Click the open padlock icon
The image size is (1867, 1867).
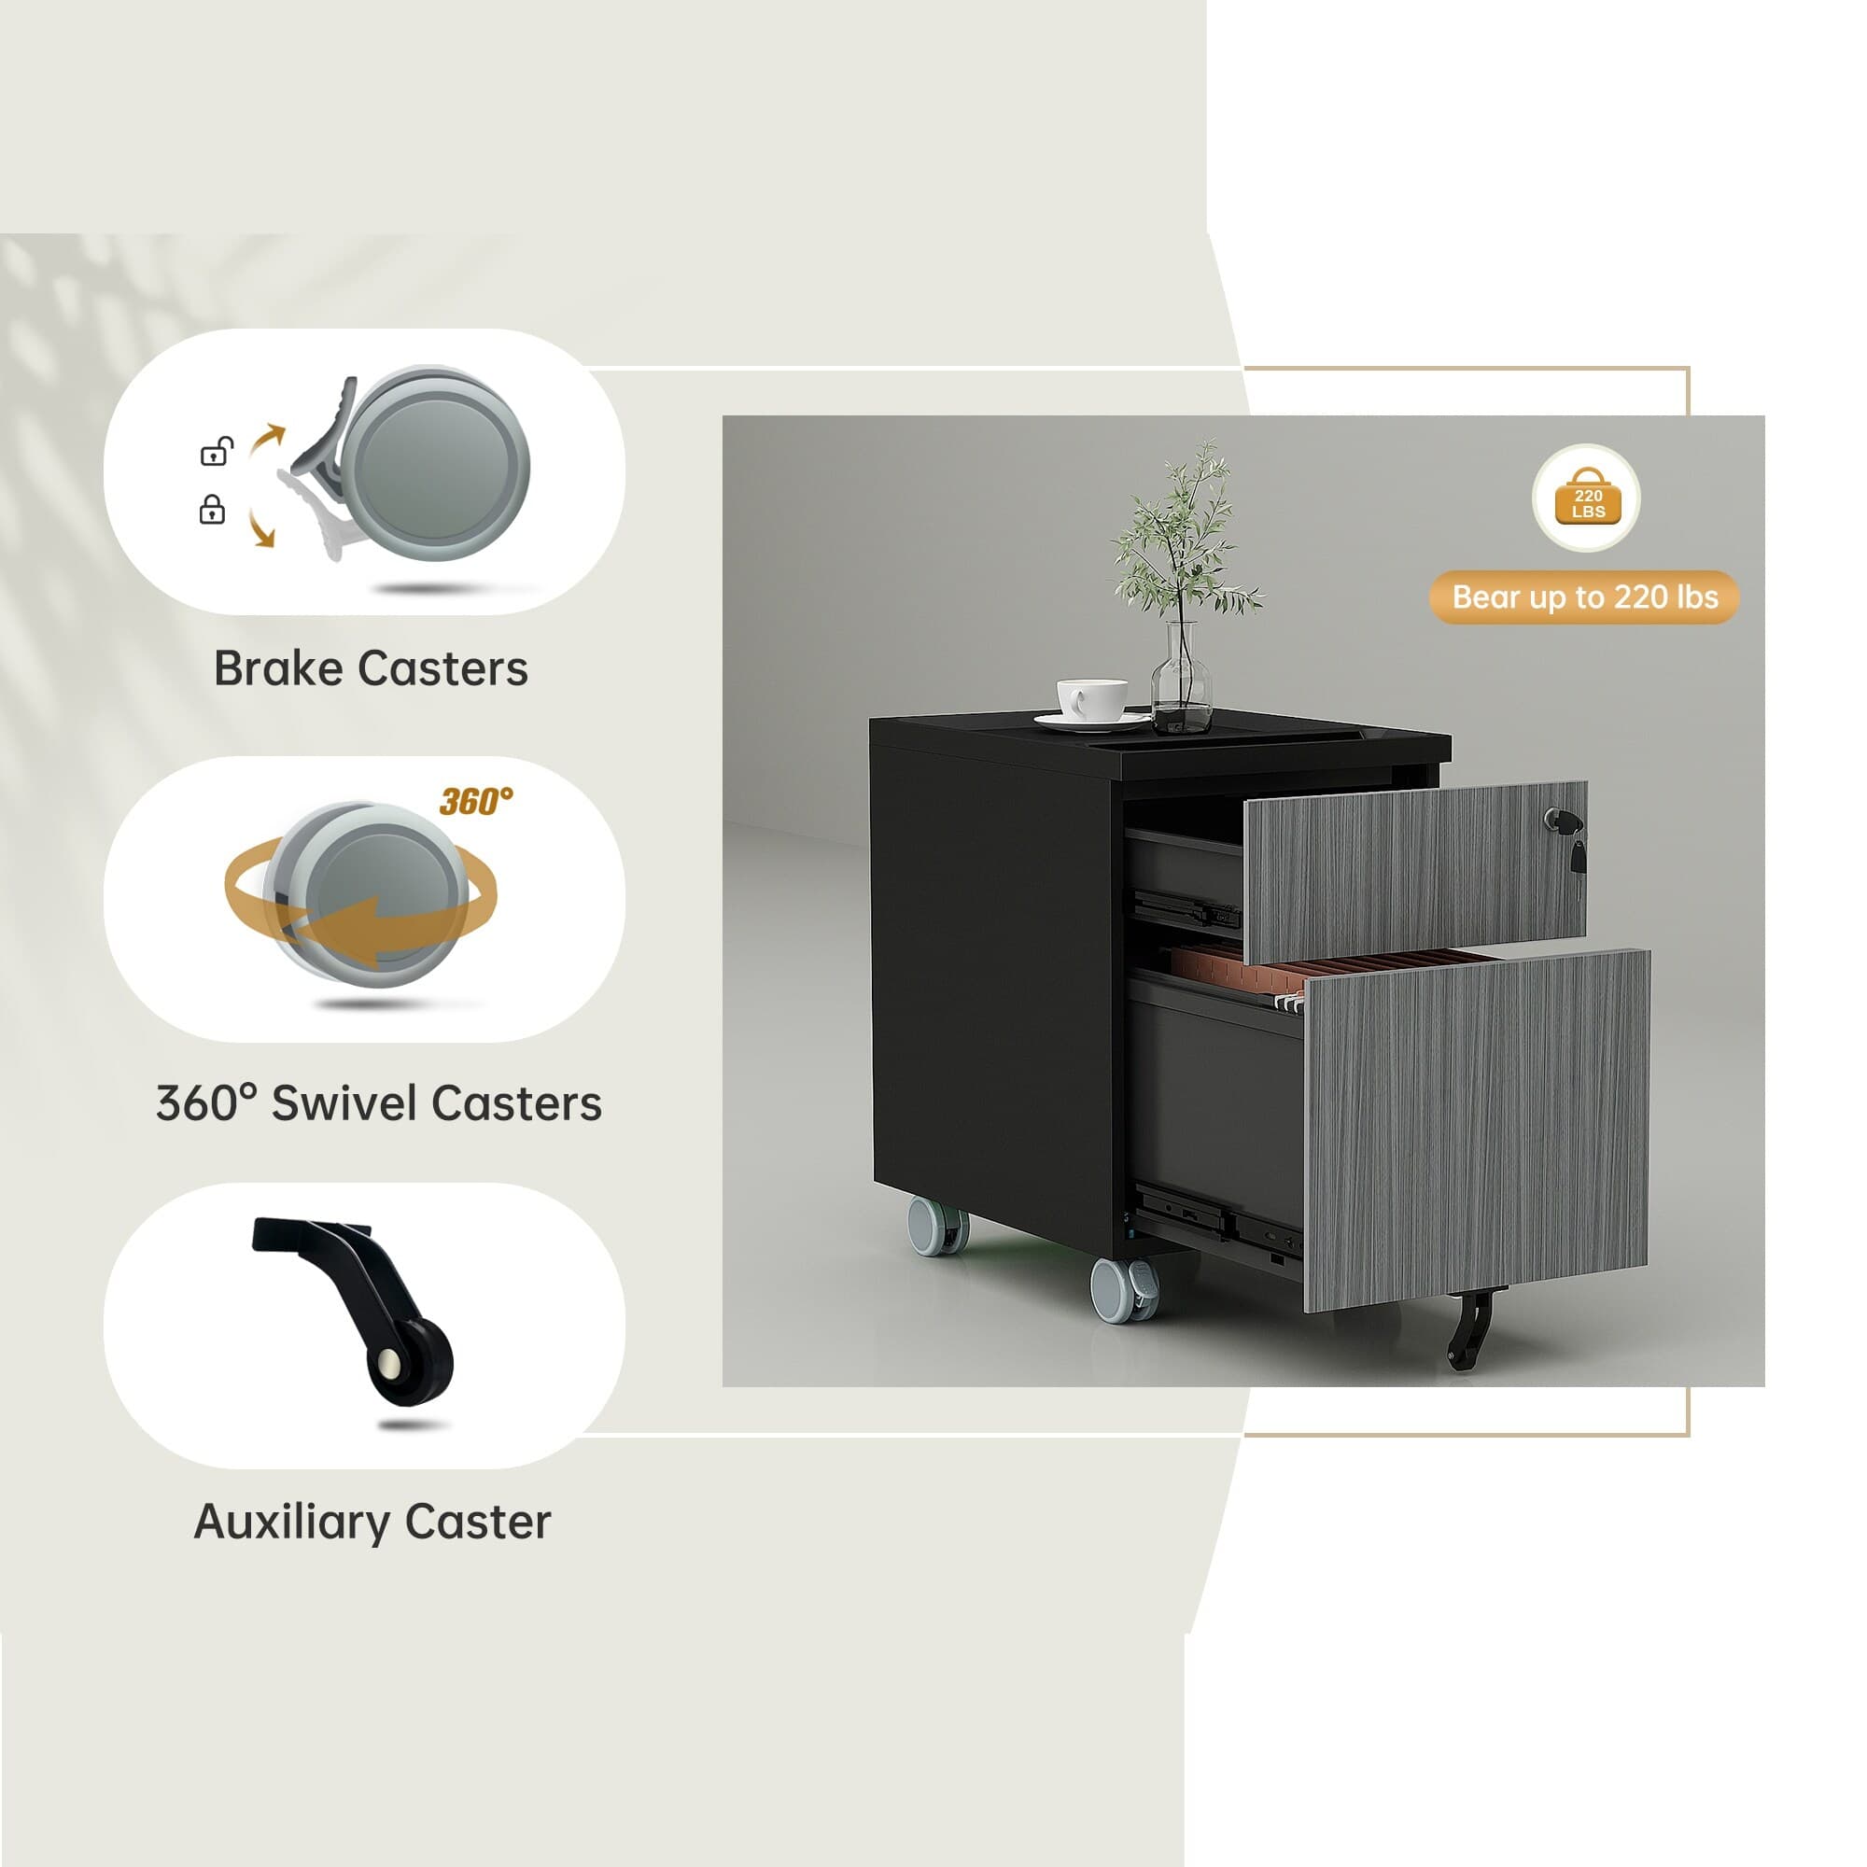(x=217, y=451)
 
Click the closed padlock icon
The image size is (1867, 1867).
(x=212, y=510)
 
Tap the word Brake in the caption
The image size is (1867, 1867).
(x=278, y=668)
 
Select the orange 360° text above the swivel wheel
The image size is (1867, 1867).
(x=475, y=801)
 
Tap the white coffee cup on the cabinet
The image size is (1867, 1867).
(x=1092, y=699)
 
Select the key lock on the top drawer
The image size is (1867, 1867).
(x=1565, y=833)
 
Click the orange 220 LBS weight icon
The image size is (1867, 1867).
(x=1588, y=497)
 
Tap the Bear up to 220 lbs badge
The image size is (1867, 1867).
(x=1584, y=597)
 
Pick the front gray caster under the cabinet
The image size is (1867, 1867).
(x=1124, y=1288)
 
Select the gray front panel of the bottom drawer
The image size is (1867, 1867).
(x=1476, y=1130)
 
